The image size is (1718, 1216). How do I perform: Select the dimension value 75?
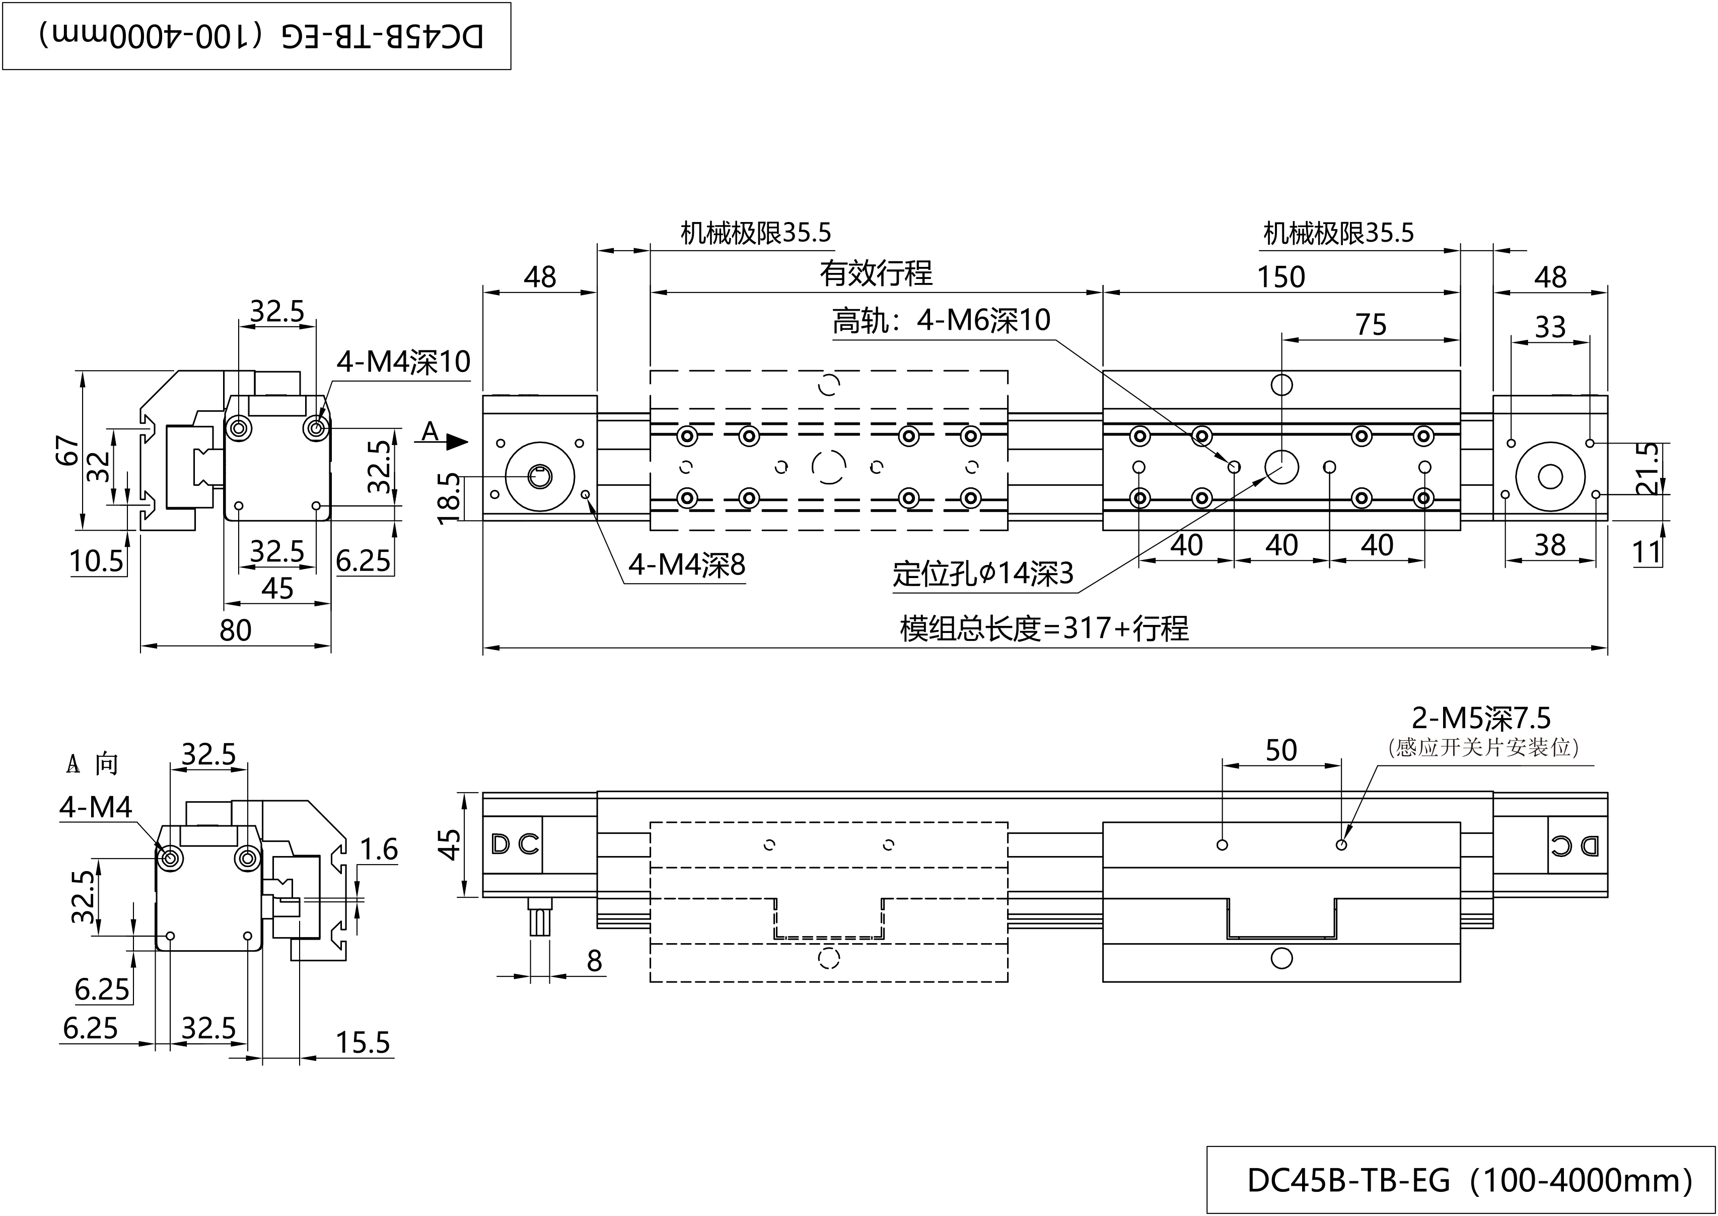tap(1371, 325)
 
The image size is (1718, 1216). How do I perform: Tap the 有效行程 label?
tap(876, 273)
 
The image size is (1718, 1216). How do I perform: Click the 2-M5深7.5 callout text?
tap(1481, 718)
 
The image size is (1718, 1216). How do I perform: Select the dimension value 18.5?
tap(449, 498)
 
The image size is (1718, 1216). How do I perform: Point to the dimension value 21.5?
tap(1648, 469)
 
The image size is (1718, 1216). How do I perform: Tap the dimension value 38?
tap(1549, 546)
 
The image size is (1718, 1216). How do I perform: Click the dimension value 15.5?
tap(363, 1043)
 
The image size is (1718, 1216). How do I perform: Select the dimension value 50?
tap(1281, 750)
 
